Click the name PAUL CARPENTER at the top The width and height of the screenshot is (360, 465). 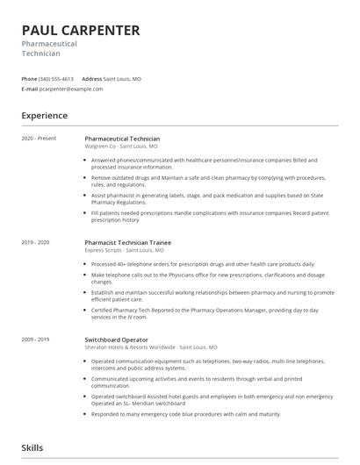(81, 31)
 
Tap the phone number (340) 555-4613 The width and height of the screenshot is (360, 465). (57, 79)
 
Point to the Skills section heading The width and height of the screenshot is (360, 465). (32, 447)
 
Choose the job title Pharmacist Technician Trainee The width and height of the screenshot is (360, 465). (127, 242)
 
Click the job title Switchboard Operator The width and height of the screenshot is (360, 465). (116, 340)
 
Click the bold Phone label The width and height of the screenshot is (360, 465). (29, 79)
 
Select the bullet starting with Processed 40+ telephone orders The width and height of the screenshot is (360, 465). (202, 264)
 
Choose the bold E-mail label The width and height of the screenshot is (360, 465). (30, 89)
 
